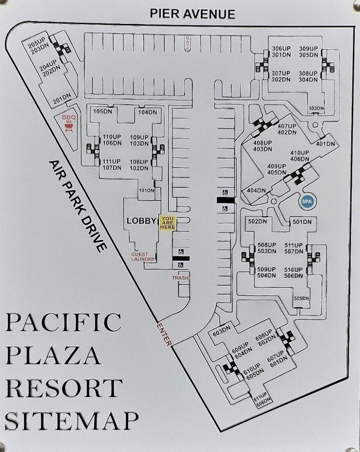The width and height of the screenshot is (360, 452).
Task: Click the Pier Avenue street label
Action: [x=192, y=14]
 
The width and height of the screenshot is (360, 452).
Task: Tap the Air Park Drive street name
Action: [x=78, y=206]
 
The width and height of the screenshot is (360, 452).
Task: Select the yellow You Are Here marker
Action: [x=168, y=223]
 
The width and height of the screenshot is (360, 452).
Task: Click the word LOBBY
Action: [x=141, y=221]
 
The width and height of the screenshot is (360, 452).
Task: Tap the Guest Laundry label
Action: [x=143, y=257]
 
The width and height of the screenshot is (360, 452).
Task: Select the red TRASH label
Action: [x=180, y=278]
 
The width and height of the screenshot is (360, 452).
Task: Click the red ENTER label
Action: [x=164, y=334]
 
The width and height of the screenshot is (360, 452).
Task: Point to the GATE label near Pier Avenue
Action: [x=187, y=43]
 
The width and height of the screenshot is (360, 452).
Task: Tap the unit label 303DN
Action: [x=316, y=108]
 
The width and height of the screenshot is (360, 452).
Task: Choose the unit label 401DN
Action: [x=325, y=144]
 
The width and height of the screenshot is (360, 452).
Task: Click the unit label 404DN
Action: [x=256, y=190]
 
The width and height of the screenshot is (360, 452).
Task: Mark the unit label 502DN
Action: [x=258, y=222]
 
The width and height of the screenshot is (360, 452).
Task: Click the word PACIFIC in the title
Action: [x=63, y=322]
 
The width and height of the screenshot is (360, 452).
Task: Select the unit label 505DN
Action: [x=301, y=298]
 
